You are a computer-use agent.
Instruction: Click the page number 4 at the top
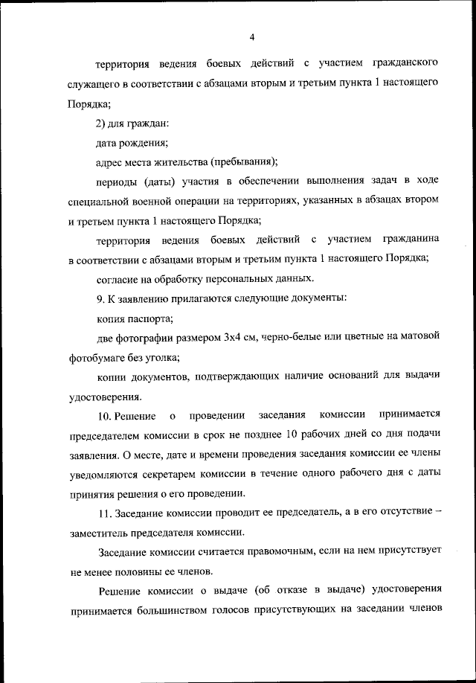251,36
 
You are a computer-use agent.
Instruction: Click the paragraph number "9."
103,298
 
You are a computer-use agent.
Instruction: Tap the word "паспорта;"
151,318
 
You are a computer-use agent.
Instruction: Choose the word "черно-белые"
294,338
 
